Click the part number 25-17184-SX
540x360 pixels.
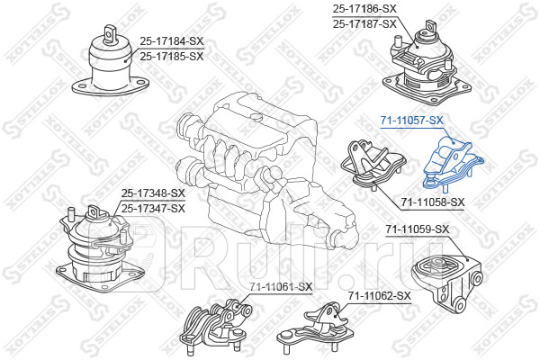171,41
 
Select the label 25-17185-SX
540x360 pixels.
171,56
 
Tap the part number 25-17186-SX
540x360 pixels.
364,9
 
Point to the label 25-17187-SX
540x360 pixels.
364,23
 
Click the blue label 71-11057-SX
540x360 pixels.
412,121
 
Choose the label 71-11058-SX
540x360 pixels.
433,202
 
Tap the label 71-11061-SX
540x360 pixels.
281,287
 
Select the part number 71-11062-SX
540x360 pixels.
379,295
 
